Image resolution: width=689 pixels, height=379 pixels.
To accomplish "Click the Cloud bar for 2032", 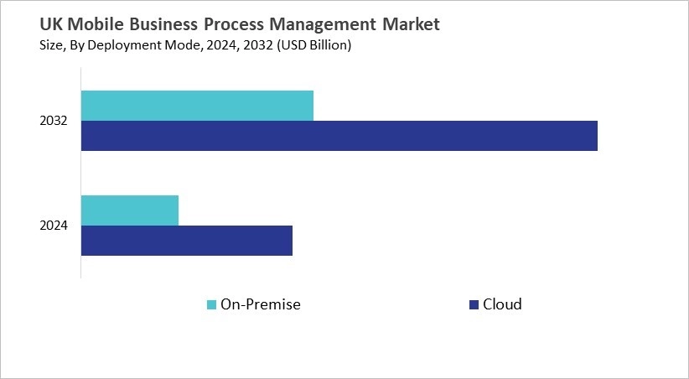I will click(339, 136).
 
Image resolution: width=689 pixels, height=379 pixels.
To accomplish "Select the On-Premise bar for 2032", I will click(197, 106).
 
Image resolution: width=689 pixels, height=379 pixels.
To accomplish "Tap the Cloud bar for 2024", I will click(186, 241).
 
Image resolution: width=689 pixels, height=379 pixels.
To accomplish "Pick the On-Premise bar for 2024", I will click(130, 210).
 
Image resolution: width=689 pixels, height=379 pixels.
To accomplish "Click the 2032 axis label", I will click(54, 122).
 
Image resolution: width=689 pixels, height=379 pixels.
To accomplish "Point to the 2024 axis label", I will click(54, 226).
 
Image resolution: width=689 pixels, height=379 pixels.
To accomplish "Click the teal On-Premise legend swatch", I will click(211, 304).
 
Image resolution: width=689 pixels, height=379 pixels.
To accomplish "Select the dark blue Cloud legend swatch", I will click(474, 304).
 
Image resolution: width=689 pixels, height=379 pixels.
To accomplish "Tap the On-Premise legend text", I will click(260, 304).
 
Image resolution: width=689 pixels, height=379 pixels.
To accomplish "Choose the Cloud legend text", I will click(502, 304).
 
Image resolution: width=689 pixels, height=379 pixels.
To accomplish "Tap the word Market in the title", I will click(410, 25).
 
